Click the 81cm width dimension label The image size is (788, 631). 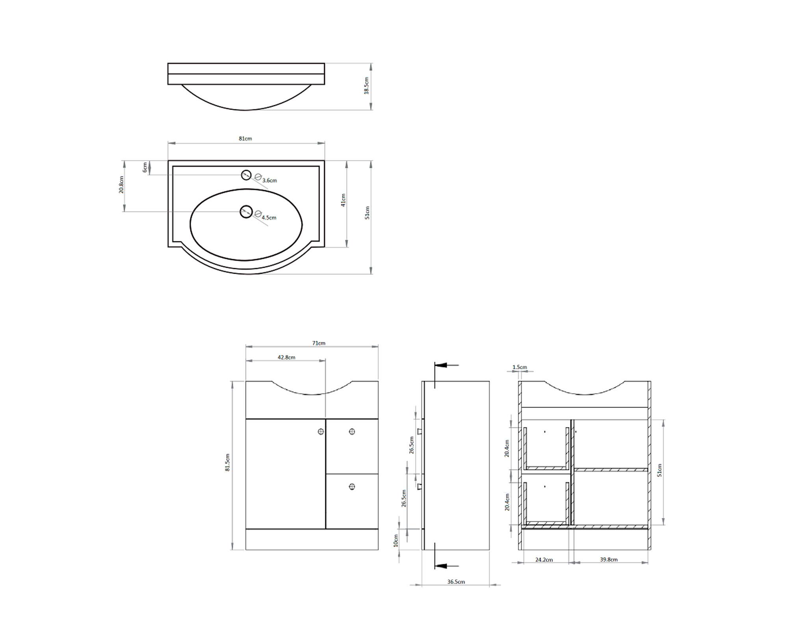point(245,138)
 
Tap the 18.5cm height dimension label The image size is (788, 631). point(366,86)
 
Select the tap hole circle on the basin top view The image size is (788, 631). point(246,175)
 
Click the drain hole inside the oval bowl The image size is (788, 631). point(246,212)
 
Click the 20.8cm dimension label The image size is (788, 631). point(121,185)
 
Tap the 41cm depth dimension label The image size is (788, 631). point(343,200)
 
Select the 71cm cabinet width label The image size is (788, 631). point(319,343)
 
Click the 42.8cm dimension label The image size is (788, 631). point(286,357)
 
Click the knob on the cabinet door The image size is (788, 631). point(321,432)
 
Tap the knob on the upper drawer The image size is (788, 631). point(352,432)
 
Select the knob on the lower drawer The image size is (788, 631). point(352,487)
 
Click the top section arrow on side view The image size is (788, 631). point(445,365)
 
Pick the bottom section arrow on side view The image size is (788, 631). point(445,566)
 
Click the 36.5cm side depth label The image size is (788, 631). point(456,582)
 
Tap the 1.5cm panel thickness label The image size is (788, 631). point(520,367)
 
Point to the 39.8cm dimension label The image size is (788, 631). point(609,559)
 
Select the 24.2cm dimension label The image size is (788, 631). point(544,559)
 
